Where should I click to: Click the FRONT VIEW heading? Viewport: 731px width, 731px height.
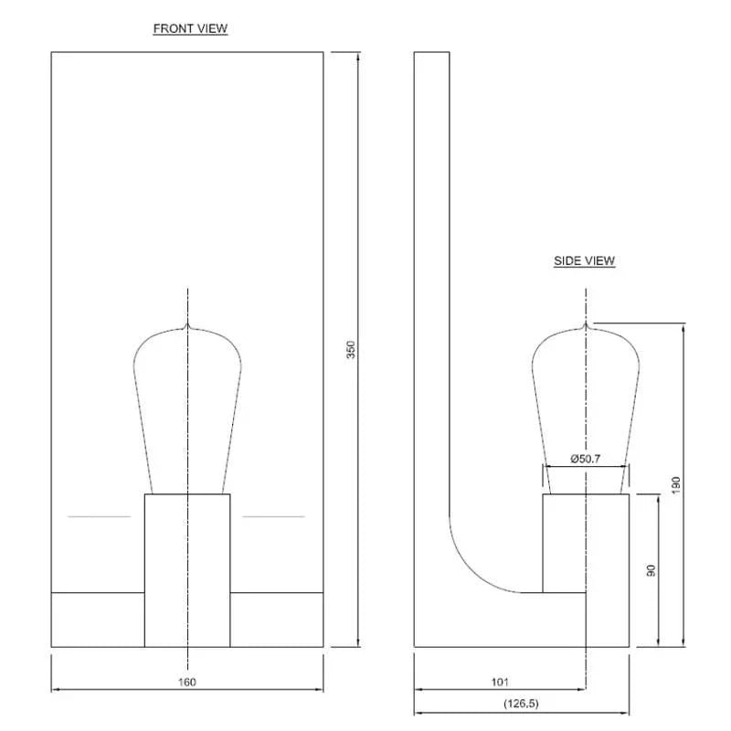click(190, 28)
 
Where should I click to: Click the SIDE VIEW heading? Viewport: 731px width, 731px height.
click(584, 261)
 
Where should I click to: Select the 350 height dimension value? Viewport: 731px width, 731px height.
click(350, 350)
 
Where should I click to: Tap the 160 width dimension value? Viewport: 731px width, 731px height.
click(187, 682)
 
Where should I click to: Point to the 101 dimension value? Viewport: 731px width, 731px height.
click(500, 682)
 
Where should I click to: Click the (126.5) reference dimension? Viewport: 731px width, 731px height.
click(521, 705)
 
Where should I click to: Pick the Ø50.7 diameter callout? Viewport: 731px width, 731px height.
click(585, 458)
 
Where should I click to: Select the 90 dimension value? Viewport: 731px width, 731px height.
click(651, 570)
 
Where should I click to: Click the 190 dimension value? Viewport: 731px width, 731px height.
click(676, 485)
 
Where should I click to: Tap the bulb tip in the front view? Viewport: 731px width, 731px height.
click(187, 324)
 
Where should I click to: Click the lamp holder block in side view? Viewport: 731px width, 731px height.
click(585, 543)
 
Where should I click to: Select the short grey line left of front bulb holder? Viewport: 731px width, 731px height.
click(100, 517)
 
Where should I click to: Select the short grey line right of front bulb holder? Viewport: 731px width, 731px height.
click(273, 517)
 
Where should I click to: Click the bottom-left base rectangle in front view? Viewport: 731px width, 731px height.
click(98, 620)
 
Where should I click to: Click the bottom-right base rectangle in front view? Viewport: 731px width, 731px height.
click(276, 620)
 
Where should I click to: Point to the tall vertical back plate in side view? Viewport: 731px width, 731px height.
click(431, 274)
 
